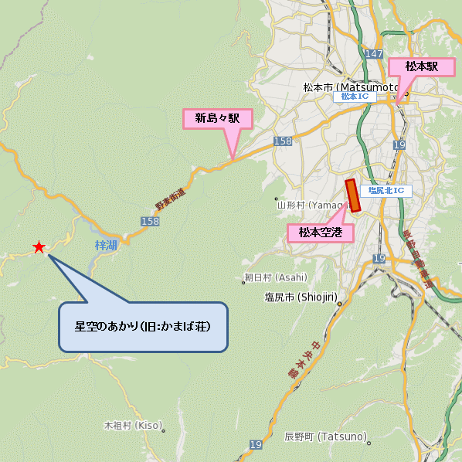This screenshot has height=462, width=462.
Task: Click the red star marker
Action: click(x=39, y=247)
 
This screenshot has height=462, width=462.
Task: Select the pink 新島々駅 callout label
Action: click(x=217, y=118)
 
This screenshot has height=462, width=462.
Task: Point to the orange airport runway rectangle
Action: click(x=354, y=195)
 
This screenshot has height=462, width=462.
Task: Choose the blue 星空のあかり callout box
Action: click(x=143, y=327)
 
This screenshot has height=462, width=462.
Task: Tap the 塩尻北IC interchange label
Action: click(x=386, y=190)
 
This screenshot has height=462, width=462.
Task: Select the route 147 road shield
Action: click(x=375, y=53)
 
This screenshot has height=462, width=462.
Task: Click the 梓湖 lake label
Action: click(x=106, y=245)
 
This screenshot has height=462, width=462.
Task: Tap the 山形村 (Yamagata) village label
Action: click(x=309, y=206)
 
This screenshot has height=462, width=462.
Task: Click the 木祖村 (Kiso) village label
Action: click(x=133, y=426)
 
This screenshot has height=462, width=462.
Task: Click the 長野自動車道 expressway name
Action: click(x=424, y=262)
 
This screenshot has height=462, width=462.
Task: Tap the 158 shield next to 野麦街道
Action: click(x=150, y=222)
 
